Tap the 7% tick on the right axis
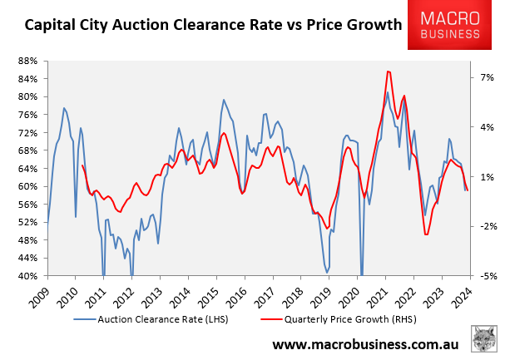click(486, 77)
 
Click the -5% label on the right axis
click(486, 276)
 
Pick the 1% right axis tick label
click(486, 177)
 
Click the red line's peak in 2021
click(389, 72)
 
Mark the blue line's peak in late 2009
click(64, 108)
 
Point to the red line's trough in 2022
click(426, 234)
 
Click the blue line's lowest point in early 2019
click(327, 272)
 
